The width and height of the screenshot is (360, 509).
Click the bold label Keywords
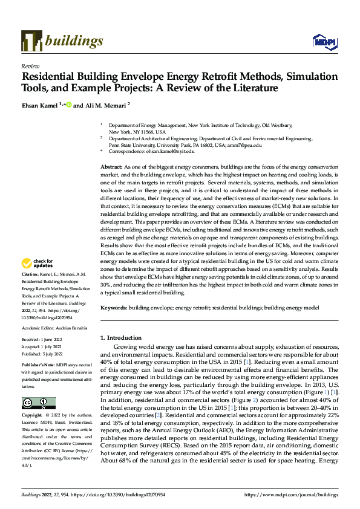[x=113, y=308]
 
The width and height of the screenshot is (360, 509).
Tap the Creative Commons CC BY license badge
[x=38, y=403]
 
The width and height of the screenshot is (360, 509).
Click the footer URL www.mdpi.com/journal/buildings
[x=290, y=494]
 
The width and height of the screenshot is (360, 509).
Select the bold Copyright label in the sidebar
[x=33, y=416]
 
